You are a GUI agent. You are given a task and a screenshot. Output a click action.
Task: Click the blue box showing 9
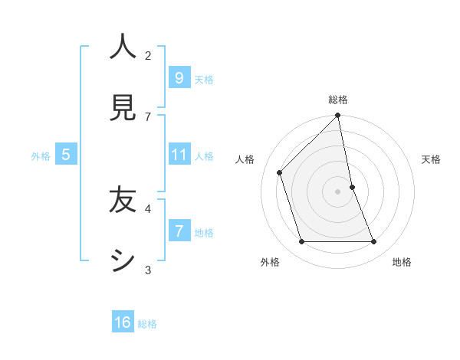click(x=179, y=77)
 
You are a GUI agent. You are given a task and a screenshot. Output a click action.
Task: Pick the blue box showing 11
click(x=179, y=155)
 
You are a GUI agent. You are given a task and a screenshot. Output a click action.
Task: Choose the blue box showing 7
click(x=179, y=231)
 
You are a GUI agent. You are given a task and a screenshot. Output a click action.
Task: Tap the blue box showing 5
click(x=66, y=155)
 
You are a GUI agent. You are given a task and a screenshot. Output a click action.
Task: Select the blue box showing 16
click(x=123, y=322)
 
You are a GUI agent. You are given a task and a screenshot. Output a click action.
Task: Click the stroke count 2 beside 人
click(x=148, y=55)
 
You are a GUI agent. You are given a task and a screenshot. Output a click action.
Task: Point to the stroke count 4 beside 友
click(x=148, y=208)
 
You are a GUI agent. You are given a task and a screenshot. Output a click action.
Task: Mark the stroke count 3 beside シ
click(x=148, y=270)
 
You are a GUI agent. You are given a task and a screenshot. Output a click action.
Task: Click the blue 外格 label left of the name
click(x=41, y=156)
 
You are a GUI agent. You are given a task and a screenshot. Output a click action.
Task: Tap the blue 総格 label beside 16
click(x=147, y=324)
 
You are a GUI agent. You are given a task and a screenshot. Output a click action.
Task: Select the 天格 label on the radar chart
click(x=432, y=159)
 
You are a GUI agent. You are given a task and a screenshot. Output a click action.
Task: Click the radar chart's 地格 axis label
click(x=402, y=262)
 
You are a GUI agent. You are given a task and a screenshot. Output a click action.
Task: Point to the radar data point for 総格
click(x=338, y=116)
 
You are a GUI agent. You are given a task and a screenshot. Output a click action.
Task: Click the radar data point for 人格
click(x=280, y=172)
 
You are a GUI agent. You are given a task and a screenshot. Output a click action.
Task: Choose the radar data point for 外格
click(x=302, y=242)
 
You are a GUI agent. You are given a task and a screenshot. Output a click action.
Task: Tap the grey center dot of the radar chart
click(x=338, y=191)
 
